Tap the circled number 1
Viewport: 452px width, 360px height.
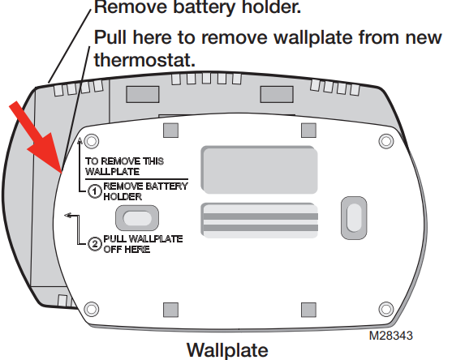[94, 191]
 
